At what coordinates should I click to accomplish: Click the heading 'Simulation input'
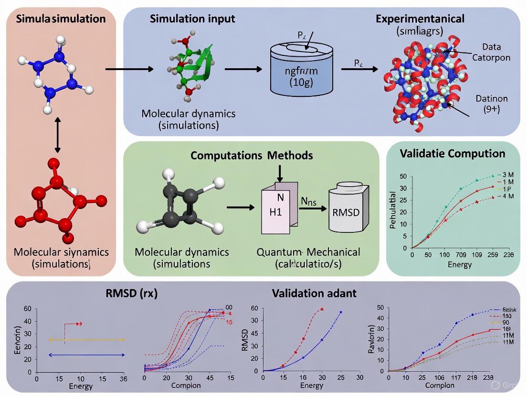pos(192,19)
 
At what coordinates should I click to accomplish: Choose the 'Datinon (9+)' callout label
pos(491,104)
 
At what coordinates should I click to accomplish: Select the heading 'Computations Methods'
pos(252,156)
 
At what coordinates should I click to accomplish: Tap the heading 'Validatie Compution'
pos(452,154)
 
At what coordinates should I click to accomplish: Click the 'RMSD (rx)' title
pos(131,293)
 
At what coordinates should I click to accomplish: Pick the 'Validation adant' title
pos(314,293)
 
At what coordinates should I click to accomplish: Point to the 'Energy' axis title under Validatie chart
pos(460,264)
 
